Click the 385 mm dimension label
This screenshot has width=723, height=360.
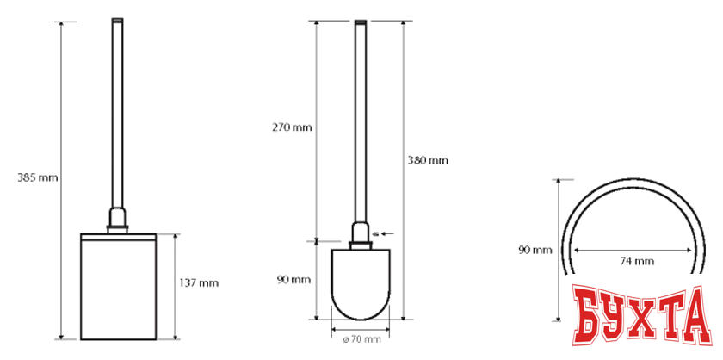[38, 177]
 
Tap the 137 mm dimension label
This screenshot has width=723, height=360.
[199, 283]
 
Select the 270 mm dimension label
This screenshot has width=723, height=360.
[292, 127]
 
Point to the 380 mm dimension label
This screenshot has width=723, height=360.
[428, 160]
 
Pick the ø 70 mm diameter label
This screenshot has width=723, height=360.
[361, 339]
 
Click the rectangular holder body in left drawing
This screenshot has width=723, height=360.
[119, 287]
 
